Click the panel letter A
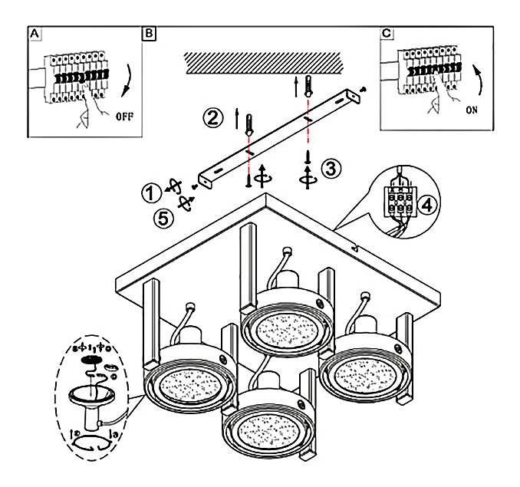point(33,35)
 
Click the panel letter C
point(387,35)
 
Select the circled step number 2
point(213,119)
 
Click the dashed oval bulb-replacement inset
point(95,400)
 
